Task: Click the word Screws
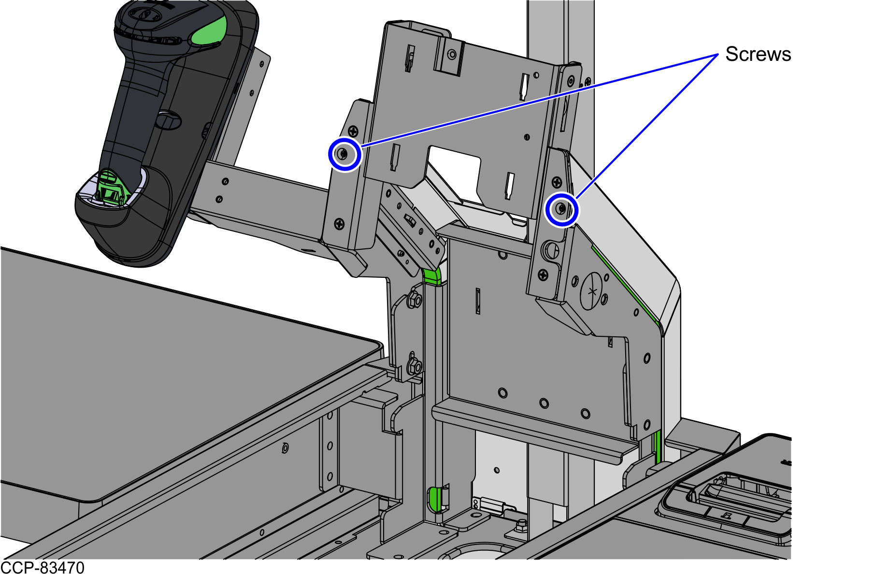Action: [x=758, y=54]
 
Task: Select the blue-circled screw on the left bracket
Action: [x=343, y=155]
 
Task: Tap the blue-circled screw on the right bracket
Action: [x=561, y=209]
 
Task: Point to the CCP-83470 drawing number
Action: [x=43, y=567]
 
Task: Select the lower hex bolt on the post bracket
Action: [x=415, y=366]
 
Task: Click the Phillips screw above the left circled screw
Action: [x=354, y=130]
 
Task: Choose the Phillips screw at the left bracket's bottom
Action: [x=339, y=223]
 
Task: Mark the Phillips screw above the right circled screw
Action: [x=557, y=182]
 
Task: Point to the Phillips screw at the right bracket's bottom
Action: [x=544, y=275]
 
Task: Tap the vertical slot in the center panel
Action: [x=478, y=301]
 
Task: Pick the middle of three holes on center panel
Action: [x=544, y=403]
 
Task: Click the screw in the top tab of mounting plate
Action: [x=452, y=54]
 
